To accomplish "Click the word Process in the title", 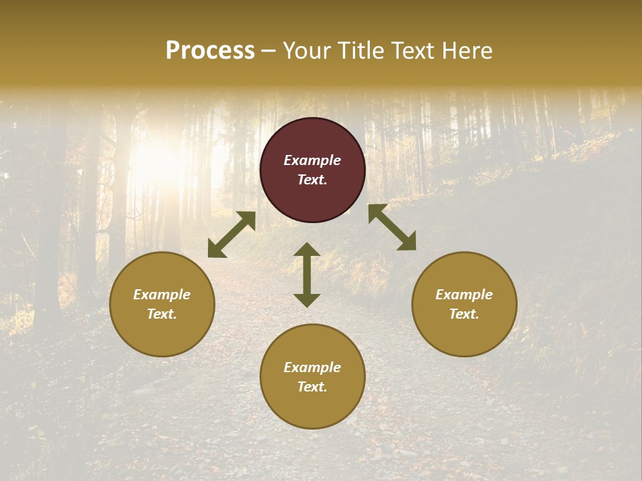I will pyautogui.click(x=210, y=51).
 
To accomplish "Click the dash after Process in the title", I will pyautogui.click(x=269, y=52).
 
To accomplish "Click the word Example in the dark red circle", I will pyautogui.click(x=312, y=160).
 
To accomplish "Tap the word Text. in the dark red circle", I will pyautogui.click(x=312, y=180).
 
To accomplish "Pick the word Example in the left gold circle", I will pyautogui.click(x=162, y=295).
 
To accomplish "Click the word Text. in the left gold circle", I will pyautogui.click(x=162, y=314).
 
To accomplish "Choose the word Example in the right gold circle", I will pyautogui.click(x=464, y=295).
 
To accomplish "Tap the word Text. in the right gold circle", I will pyautogui.click(x=464, y=314).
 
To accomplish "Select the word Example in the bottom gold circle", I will pyautogui.click(x=312, y=367).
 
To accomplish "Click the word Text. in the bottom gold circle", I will pyautogui.click(x=312, y=387).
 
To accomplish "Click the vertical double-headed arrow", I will pyautogui.click(x=307, y=275).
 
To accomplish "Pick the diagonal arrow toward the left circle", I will pyautogui.click(x=231, y=234).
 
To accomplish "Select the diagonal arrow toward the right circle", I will pyautogui.click(x=392, y=227).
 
